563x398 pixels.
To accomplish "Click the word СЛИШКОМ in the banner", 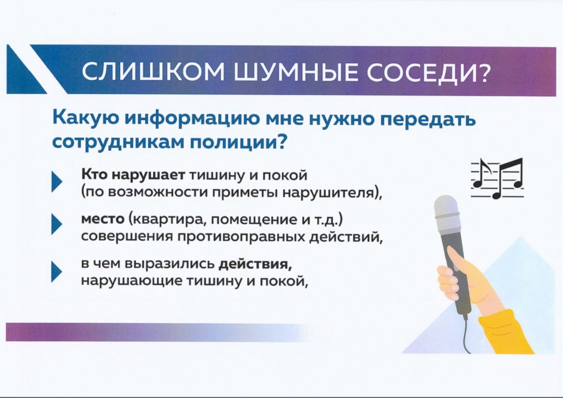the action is pos(153,72).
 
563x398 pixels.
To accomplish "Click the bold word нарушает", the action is pos(148,175).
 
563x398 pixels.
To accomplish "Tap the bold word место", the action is pos(103,219).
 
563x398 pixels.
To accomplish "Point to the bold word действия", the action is pos(255,265).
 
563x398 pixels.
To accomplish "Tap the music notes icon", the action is pos(497,178).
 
